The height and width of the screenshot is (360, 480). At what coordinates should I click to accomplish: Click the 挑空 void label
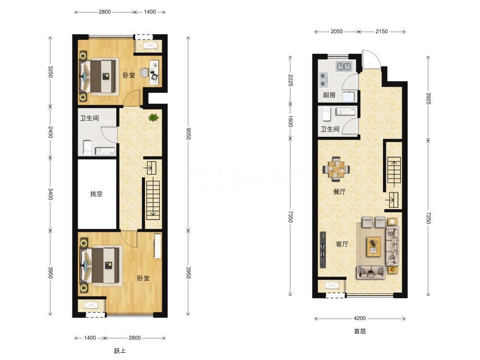[96, 194]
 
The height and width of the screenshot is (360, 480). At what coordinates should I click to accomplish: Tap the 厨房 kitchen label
[329, 95]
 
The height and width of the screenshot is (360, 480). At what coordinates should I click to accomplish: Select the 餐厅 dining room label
[339, 192]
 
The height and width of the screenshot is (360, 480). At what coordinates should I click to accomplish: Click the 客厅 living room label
[342, 244]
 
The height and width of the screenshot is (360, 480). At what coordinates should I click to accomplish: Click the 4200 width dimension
[360, 318]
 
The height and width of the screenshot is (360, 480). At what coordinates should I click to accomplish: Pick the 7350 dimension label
[290, 217]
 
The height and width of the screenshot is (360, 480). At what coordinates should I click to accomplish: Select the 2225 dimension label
[290, 80]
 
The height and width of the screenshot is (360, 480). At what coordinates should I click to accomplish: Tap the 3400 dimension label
[50, 194]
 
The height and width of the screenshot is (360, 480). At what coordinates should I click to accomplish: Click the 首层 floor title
[360, 331]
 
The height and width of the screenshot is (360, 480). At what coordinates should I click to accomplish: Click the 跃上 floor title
[120, 351]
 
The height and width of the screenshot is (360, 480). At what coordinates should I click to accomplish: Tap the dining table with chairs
[336, 168]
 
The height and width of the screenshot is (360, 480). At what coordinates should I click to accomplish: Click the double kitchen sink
[344, 66]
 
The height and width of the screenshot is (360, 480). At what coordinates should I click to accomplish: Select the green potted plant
[153, 117]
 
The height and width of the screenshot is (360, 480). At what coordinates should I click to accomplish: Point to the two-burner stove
[324, 80]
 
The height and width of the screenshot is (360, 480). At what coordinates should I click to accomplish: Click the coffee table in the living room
[373, 246]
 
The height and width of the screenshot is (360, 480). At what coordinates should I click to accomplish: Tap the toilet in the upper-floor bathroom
[87, 147]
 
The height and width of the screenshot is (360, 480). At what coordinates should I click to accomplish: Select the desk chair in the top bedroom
[144, 73]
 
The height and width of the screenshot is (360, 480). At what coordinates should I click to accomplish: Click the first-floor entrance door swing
[372, 59]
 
